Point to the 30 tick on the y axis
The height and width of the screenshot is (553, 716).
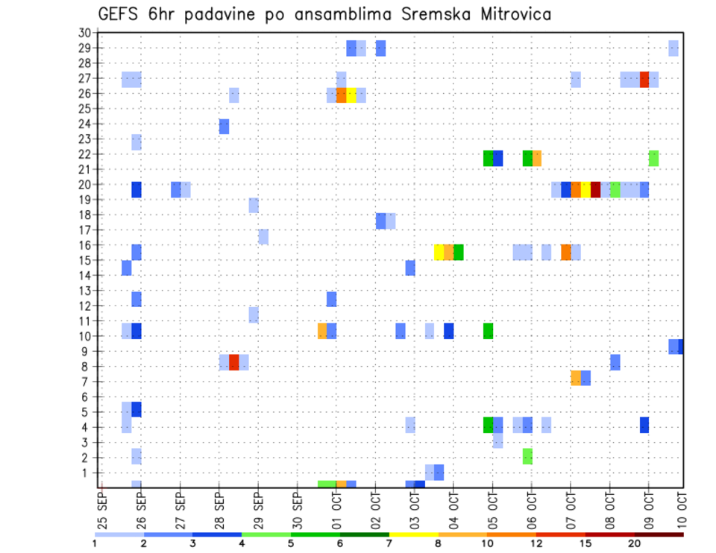[84, 33]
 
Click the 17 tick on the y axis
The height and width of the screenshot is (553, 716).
[84, 230]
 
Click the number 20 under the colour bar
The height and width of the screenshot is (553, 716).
[634, 544]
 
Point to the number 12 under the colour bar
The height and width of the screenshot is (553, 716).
[536, 544]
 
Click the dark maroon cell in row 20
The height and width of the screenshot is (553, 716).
[595, 190]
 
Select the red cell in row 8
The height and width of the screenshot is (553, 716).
[234, 362]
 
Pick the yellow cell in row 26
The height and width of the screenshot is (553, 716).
[351, 95]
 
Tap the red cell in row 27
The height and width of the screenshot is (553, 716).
[644, 80]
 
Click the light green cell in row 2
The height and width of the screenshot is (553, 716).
[527, 456]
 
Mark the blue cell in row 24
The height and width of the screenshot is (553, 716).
[224, 127]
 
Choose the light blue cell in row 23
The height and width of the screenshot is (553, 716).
[136, 142]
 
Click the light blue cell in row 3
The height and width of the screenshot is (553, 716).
[497, 440]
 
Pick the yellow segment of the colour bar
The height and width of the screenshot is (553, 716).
[413, 534]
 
